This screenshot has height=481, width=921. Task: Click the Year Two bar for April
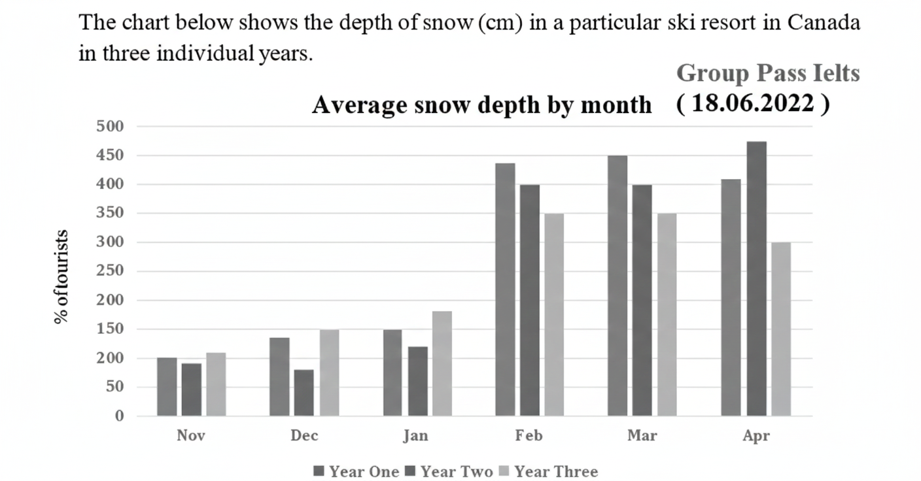pyautogui.click(x=756, y=279)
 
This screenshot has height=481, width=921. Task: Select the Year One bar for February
pyautogui.click(x=505, y=290)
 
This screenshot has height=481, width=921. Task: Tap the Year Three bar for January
pyautogui.click(x=442, y=363)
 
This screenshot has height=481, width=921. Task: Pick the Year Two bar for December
pyautogui.click(x=304, y=393)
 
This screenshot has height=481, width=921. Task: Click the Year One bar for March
pyautogui.click(x=617, y=286)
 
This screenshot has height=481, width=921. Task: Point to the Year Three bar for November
pyautogui.click(x=216, y=384)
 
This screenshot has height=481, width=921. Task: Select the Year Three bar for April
pyautogui.click(x=780, y=329)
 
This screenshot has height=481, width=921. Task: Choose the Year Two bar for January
pyautogui.click(x=417, y=381)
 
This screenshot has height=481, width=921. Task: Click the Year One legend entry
pyautogui.click(x=356, y=471)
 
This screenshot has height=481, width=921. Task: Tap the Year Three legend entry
pyautogui.click(x=548, y=471)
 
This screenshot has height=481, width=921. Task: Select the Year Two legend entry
pyautogui.click(x=449, y=471)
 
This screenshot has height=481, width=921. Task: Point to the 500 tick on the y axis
pyautogui.click(x=111, y=126)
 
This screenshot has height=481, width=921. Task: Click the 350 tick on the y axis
pyautogui.click(x=111, y=213)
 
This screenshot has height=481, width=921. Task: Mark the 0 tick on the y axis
pyautogui.click(x=119, y=416)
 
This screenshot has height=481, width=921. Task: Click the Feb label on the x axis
pyautogui.click(x=529, y=436)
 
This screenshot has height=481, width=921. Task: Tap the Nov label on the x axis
pyautogui.click(x=191, y=436)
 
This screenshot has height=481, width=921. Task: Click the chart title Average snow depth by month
pyautogui.click(x=481, y=105)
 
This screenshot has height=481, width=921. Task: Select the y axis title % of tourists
pyautogui.click(x=61, y=276)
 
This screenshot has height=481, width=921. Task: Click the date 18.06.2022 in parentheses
pyautogui.click(x=754, y=103)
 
